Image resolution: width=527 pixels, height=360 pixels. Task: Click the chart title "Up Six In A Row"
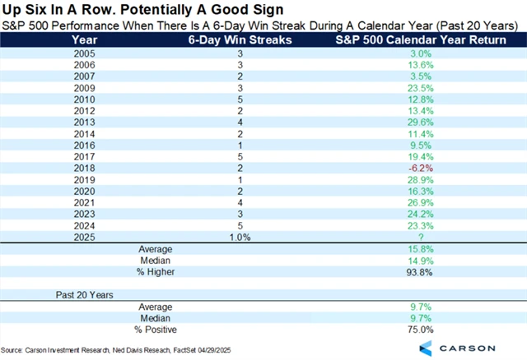tap(115, 9)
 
